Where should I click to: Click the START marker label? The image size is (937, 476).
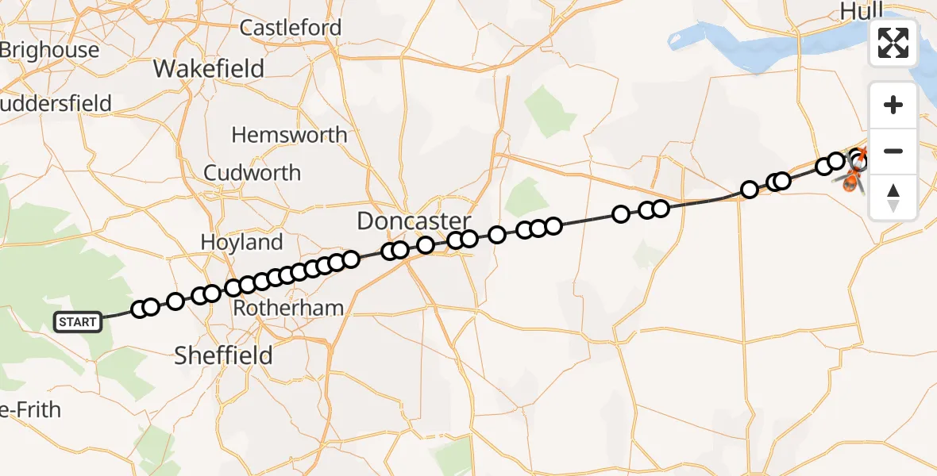(78, 322)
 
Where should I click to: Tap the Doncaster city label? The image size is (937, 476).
(414, 221)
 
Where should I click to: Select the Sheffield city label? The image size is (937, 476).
(223, 355)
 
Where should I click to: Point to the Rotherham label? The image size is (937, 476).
(288, 308)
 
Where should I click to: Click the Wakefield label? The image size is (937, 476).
(209, 69)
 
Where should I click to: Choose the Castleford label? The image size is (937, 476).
(291, 28)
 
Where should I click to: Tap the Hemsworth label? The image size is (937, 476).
(289, 135)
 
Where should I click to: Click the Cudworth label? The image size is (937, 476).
(253, 173)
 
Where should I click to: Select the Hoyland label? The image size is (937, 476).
(242, 242)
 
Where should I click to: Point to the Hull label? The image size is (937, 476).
(861, 10)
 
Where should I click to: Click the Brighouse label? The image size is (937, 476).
(50, 50)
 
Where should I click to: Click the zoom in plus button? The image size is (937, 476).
(893, 105)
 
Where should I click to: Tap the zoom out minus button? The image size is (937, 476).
(893, 151)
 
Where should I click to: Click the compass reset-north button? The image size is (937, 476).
(893, 197)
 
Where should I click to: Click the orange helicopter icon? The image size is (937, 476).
(851, 180)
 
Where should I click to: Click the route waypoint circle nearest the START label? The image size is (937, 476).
(140, 309)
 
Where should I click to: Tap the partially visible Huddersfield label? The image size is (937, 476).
(56, 104)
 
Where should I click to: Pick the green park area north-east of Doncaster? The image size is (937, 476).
(550, 112)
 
